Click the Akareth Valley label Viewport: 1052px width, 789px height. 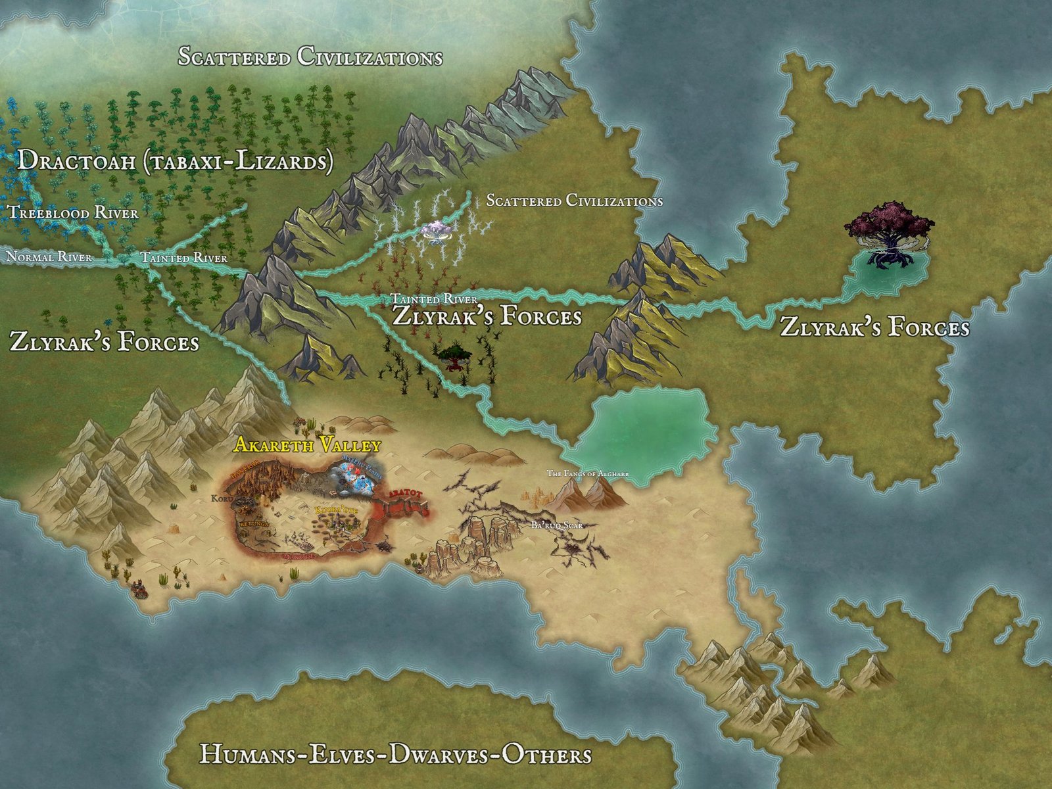[x=307, y=445]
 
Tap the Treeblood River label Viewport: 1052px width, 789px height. [x=72, y=212]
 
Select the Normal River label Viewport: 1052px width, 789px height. [x=49, y=256]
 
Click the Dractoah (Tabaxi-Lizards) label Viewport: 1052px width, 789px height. [x=174, y=160]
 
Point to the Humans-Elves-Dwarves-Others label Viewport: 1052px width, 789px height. [x=395, y=753]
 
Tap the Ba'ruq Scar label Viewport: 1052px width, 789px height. [x=556, y=525]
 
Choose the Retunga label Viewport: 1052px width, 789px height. [x=254, y=524]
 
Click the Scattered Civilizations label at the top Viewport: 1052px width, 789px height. [x=310, y=57]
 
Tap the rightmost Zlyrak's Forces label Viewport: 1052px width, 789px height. [x=874, y=327]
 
